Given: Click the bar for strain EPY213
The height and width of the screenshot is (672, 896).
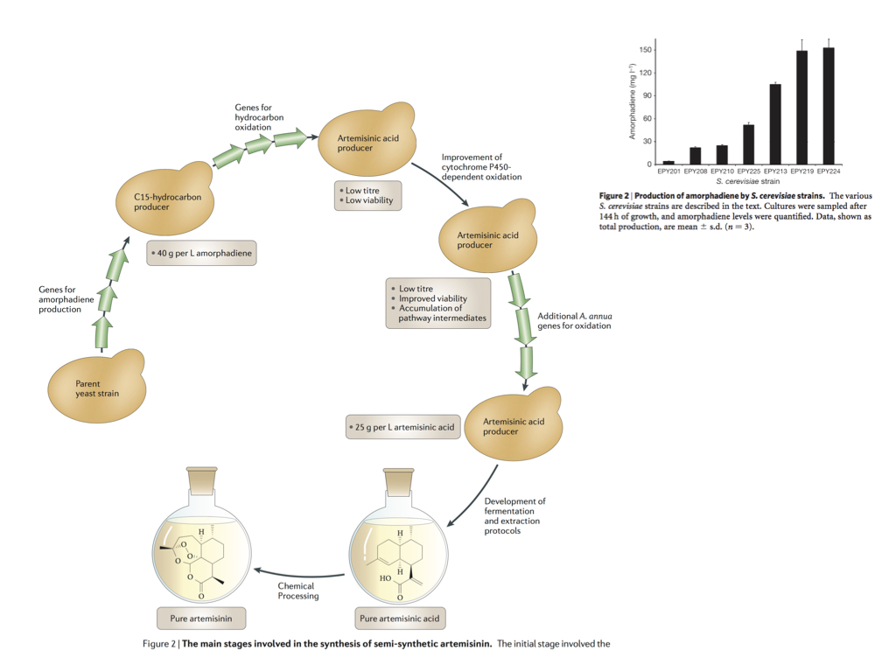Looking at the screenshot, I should coord(775,124).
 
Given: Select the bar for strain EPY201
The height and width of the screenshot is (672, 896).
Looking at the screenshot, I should coord(668,163).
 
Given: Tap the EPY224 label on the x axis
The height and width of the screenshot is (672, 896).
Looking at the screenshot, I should coord(829,171).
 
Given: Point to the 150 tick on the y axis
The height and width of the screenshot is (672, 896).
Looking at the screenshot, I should coord(645,50).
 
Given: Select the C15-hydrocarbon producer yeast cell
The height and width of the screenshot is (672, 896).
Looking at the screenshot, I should coord(163,201).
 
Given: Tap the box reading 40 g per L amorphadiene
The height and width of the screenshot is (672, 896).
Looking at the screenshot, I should coord(201,253).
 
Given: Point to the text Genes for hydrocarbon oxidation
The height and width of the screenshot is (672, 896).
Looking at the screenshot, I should coord(254,117).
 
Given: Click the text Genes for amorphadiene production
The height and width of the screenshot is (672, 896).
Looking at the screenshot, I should coord(66,299).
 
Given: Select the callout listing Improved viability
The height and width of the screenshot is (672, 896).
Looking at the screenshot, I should coord(437,303).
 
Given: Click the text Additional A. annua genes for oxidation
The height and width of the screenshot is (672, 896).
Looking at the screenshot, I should coord(574,319).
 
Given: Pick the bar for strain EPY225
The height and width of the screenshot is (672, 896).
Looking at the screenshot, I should coord(748,144).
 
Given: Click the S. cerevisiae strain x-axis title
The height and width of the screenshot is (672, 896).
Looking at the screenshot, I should coord(748,181).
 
